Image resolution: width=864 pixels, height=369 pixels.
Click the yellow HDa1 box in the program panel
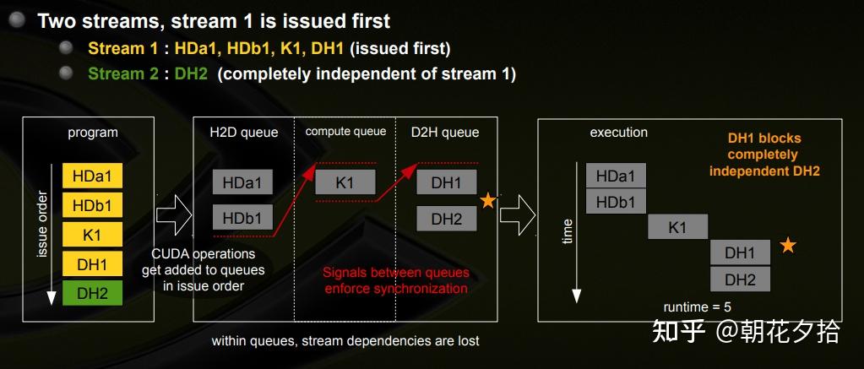[x=92, y=176]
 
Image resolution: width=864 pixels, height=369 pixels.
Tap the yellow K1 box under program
[x=92, y=234]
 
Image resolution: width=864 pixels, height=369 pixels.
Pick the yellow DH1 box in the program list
[x=92, y=263]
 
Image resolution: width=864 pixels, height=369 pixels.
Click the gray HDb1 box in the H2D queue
[x=242, y=218]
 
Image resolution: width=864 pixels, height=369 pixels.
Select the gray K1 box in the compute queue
[x=345, y=182]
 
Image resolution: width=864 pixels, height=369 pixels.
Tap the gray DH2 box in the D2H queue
[x=447, y=219]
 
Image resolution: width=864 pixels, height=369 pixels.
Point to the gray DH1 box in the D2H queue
[x=447, y=182]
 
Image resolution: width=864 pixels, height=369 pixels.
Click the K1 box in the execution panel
[x=677, y=227]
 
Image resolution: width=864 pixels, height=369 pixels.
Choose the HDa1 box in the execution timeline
[x=616, y=176]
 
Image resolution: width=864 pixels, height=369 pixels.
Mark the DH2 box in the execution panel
[x=740, y=279]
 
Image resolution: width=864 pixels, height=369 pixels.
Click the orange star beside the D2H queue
[x=487, y=201]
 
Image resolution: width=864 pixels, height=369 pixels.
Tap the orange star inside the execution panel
[x=787, y=246]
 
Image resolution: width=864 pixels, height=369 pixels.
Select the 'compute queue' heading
[x=345, y=131]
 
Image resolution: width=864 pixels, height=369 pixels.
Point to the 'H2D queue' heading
[x=243, y=132]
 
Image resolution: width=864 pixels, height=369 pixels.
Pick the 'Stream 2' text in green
[x=122, y=73]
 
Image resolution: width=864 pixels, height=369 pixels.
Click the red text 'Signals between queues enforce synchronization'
[x=395, y=280]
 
